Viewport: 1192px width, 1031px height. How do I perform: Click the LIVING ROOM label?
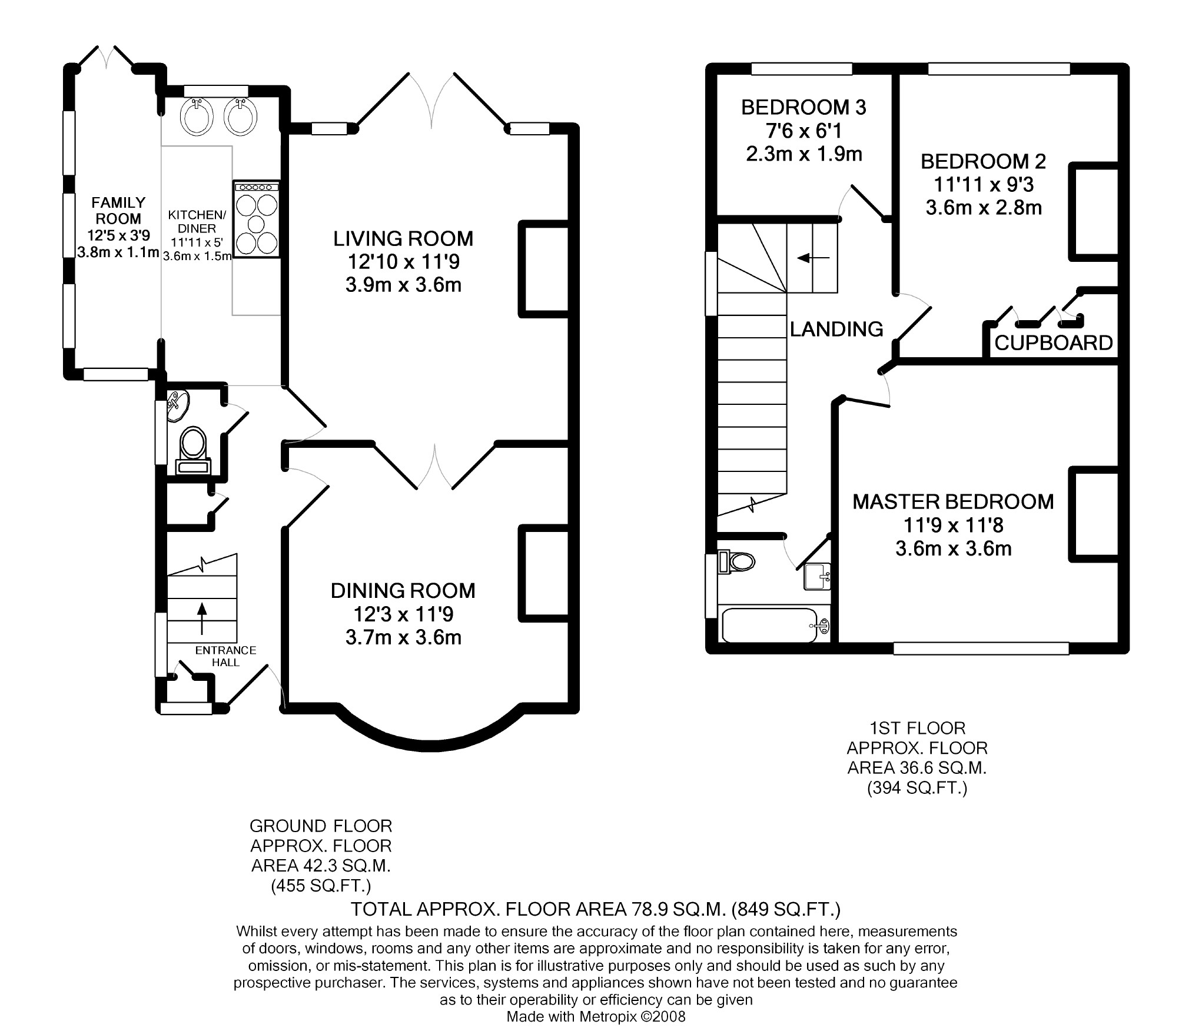(x=403, y=238)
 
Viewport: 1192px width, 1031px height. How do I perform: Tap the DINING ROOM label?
(x=403, y=591)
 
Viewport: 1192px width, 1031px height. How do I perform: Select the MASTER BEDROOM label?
(x=953, y=502)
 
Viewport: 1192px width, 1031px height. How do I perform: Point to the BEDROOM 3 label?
(x=803, y=108)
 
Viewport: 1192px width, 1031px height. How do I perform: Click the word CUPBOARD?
(x=1054, y=342)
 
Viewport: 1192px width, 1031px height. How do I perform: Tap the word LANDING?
(x=836, y=329)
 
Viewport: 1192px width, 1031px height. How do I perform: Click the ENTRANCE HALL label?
(x=225, y=656)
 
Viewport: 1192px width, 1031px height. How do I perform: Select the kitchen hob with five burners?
(x=256, y=219)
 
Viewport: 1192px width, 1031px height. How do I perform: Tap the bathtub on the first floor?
(x=775, y=626)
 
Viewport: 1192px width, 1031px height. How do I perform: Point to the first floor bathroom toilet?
(x=737, y=561)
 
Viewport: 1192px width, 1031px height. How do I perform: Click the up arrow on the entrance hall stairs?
(x=202, y=618)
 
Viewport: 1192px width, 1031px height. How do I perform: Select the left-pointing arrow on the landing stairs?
(x=813, y=258)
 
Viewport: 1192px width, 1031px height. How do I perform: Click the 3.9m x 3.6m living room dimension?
(x=403, y=285)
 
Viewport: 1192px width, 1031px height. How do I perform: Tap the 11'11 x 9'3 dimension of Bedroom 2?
(x=984, y=185)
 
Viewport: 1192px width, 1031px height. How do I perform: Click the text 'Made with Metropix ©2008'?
(x=596, y=1016)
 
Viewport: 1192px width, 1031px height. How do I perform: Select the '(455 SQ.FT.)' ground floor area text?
(x=321, y=886)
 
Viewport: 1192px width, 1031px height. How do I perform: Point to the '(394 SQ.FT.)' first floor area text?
(x=917, y=787)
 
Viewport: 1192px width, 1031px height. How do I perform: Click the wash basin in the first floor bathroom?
(x=817, y=577)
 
